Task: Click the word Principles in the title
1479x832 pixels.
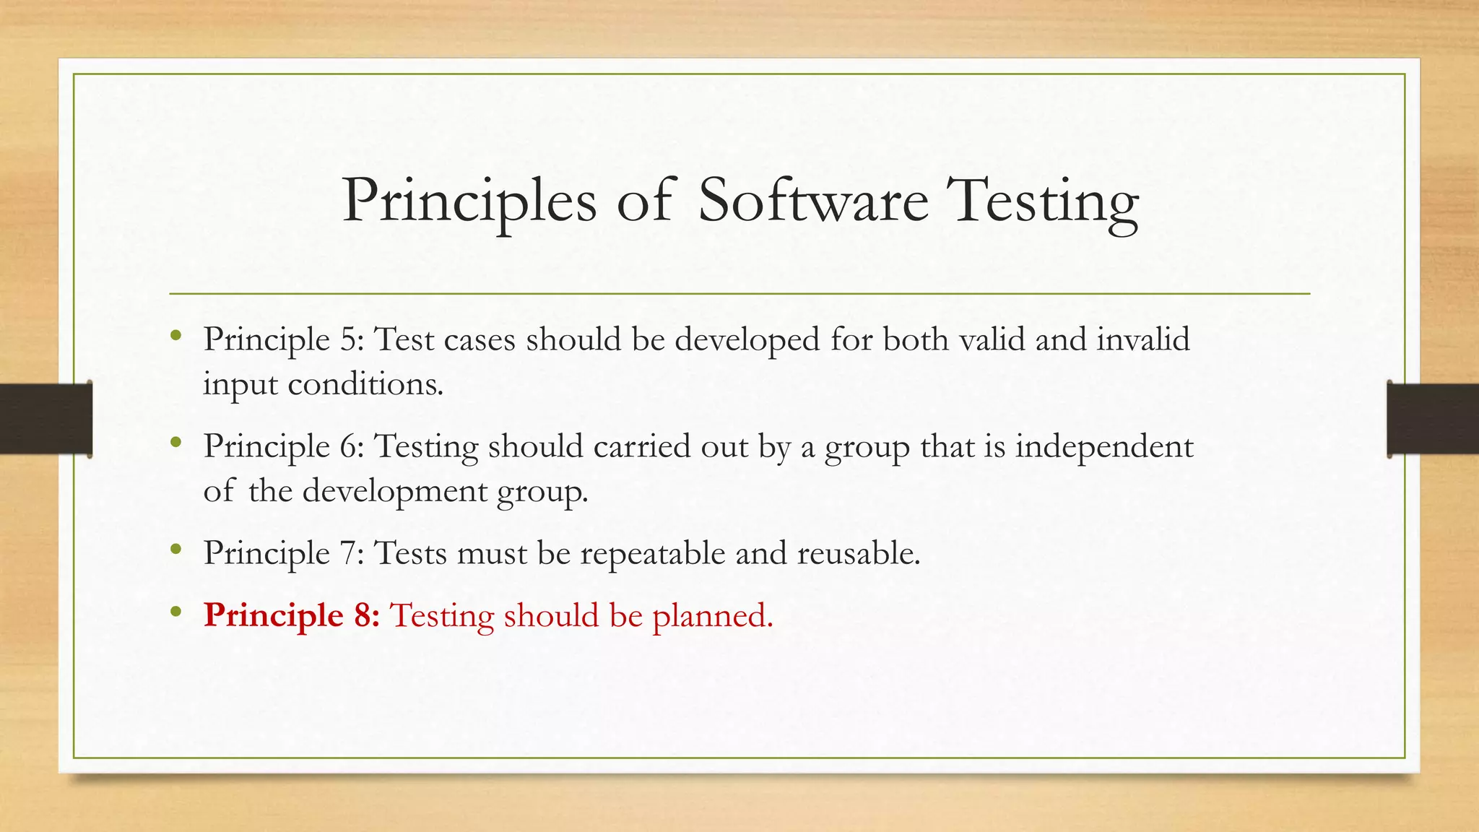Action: (469, 202)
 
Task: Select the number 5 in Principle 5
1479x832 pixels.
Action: (350, 339)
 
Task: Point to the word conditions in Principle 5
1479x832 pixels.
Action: (365, 384)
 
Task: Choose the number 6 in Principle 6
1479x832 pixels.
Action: (350, 446)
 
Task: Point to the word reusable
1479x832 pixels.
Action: (858, 553)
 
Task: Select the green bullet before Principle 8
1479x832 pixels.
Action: (175, 612)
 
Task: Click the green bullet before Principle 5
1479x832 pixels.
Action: (175, 335)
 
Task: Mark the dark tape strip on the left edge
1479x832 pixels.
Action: (45, 419)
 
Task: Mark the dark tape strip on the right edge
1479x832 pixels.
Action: (1433, 419)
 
